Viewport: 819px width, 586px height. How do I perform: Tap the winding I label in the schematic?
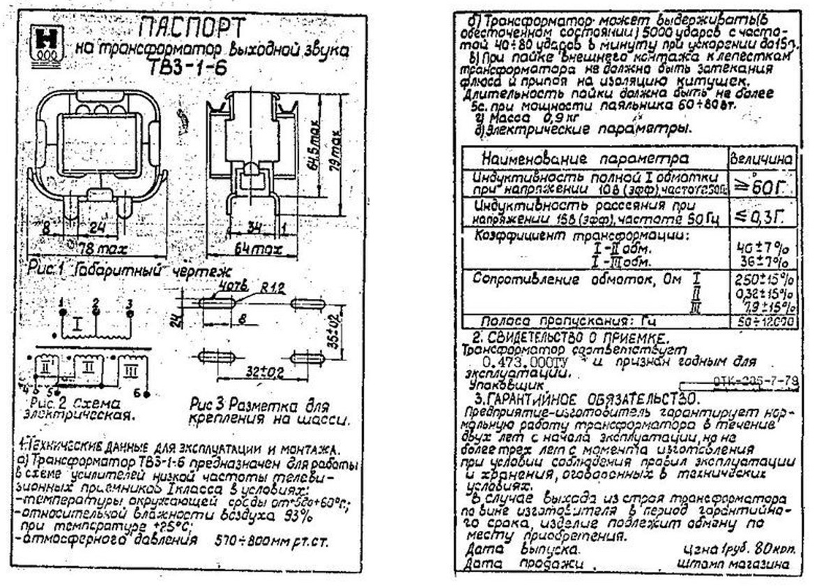pos(79,325)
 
